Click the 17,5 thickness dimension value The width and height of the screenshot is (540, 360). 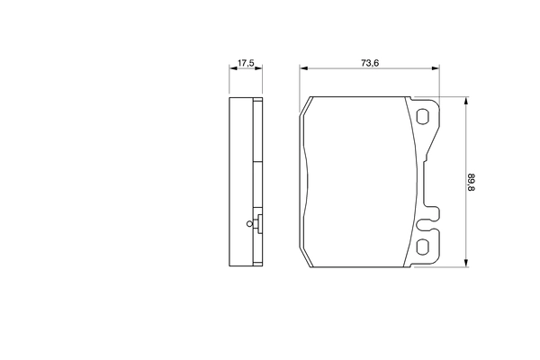[x=245, y=63]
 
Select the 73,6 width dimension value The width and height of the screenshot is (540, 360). [x=369, y=63]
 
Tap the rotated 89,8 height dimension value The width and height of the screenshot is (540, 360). [x=470, y=181]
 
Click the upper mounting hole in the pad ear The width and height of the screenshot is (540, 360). [x=423, y=115]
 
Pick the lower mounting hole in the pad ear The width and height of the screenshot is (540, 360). [x=423, y=247]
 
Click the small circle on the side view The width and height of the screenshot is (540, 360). [x=249, y=226]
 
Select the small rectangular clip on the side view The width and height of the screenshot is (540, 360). [x=258, y=226]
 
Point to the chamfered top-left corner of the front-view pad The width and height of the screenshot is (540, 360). [x=306, y=103]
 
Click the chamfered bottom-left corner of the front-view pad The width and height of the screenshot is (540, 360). [x=306, y=259]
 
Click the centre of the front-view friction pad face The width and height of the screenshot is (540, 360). [x=360, y=181]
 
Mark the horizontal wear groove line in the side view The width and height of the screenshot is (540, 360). [x=257, y=161]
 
